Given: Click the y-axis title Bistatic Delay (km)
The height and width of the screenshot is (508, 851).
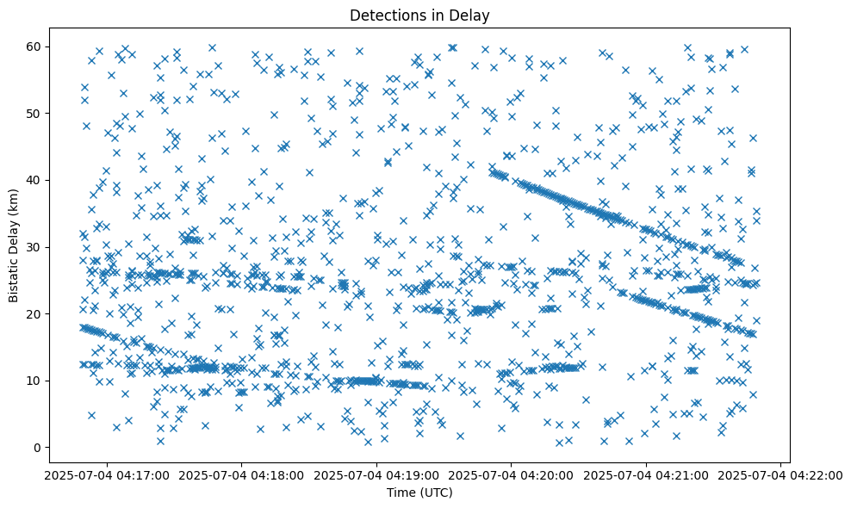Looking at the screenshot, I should click(15, 245).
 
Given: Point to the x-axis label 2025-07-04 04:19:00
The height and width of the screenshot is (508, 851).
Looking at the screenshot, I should click(376, 474).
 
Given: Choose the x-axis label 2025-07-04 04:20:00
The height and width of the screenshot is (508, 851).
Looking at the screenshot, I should click(511, 474).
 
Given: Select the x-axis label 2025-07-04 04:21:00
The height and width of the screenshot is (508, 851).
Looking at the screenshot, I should click(646, 474).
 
